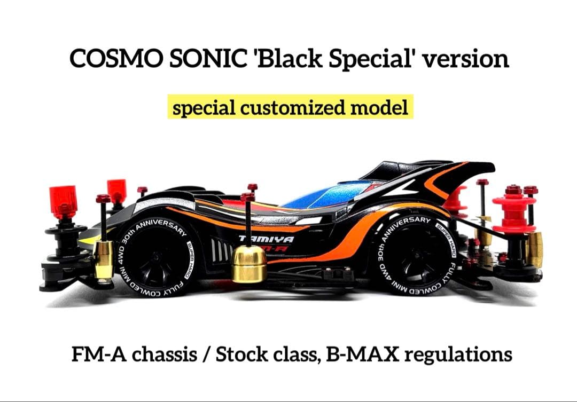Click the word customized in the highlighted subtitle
point(292,107)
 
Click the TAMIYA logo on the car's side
point(258,239)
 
